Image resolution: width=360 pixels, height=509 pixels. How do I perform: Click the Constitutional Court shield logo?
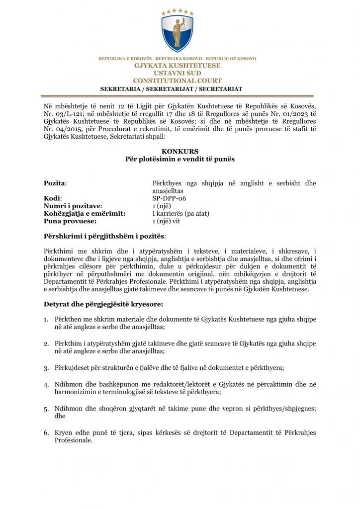(178, 31)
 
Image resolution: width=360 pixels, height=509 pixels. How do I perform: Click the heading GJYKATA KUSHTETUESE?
(178, 66)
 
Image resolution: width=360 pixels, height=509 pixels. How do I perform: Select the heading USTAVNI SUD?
(178, 73)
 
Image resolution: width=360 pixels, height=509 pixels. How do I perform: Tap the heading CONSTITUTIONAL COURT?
(178, 81)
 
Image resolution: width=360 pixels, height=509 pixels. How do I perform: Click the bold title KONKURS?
(180, 152)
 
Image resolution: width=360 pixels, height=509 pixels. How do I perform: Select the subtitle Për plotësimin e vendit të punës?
(180, 159)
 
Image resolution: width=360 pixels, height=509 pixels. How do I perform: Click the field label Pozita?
(55, 183)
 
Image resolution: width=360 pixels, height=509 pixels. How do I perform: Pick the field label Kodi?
(52, 198)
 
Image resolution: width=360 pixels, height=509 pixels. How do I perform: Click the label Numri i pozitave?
(73, 205)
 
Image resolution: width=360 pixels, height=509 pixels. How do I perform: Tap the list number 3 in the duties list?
(46, 368)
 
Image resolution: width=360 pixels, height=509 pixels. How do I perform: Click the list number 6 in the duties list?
(46, 433)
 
